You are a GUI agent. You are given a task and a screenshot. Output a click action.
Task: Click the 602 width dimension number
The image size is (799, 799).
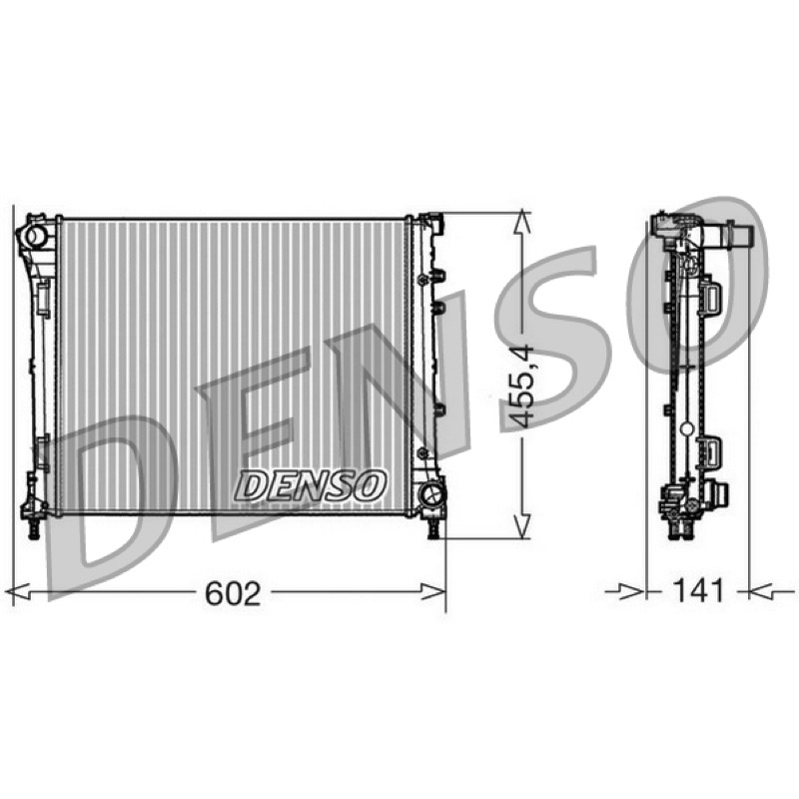click(233, 593)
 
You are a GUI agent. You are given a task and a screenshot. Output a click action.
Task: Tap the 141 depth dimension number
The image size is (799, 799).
click(698, 591)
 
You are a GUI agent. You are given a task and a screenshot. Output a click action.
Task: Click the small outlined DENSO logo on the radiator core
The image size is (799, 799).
click(310, 485)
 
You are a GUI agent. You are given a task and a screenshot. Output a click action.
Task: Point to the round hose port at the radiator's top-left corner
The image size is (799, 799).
click(36, 236)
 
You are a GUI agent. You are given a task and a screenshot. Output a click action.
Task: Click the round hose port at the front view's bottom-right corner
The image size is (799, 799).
click(431, 495)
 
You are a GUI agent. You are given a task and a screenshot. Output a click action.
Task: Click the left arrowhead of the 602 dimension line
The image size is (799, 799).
click(19, 592)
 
